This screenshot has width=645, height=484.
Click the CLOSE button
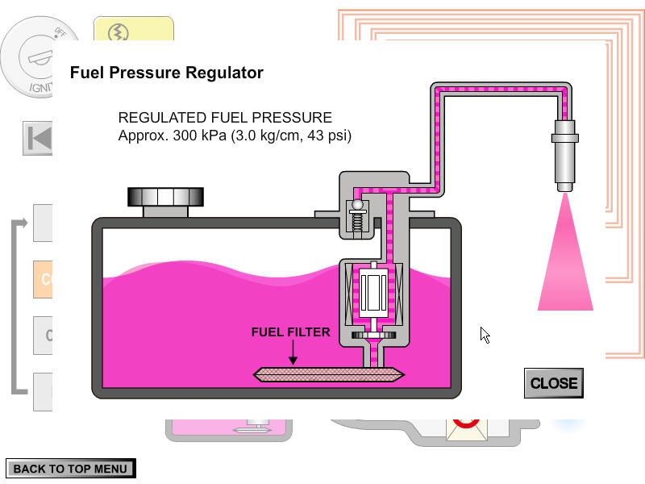tap(553, 383)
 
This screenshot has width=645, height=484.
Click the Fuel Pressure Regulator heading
tap(167, 73)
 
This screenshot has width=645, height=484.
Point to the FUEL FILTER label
tap(290, 332)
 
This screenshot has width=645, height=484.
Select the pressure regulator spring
tap(357, 223)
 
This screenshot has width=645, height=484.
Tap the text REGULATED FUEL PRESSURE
tap(225, 118)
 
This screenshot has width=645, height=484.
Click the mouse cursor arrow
tap(485, 335)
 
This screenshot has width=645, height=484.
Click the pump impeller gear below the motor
tap(373, 334)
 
